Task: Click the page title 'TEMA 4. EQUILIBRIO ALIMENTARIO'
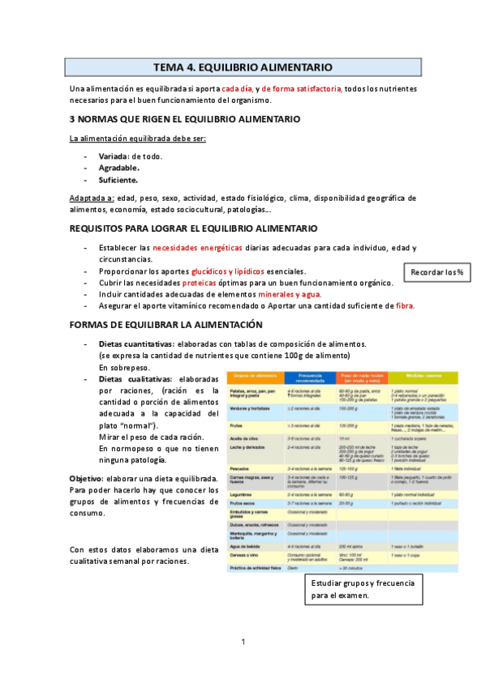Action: click(243, 67)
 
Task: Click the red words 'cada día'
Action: click(235, 88)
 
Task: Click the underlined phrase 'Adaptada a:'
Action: click(91, 198)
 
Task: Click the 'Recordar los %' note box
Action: click(437, 272)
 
